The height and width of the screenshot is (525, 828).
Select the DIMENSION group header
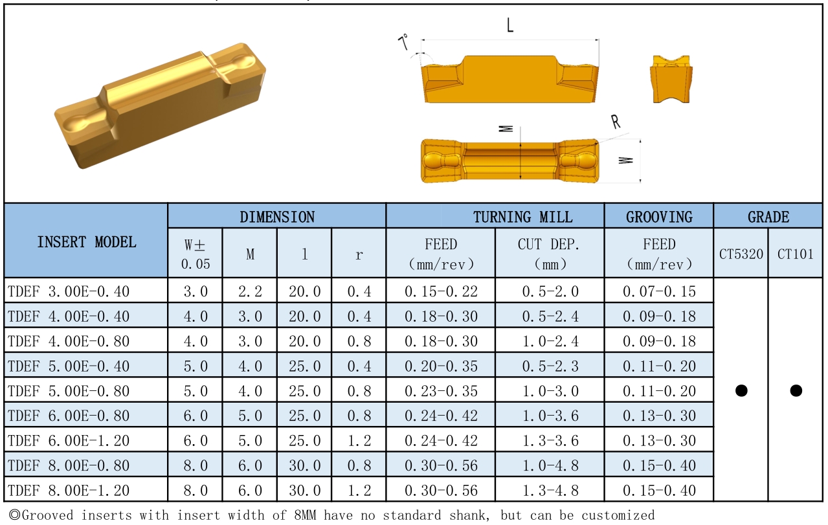[277, 217]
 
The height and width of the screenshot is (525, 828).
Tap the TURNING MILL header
[522, 217]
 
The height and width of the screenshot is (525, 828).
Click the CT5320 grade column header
[741, 254]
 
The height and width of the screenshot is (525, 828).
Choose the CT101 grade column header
[796, 254]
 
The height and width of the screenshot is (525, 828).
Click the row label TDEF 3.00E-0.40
[69, 291]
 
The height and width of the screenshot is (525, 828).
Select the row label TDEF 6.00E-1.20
[69, 441]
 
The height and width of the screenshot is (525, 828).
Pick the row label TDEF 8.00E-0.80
[69, 465]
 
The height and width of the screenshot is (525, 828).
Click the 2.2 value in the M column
[250, 291]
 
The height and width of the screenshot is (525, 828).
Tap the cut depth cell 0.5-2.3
[550, 366]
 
